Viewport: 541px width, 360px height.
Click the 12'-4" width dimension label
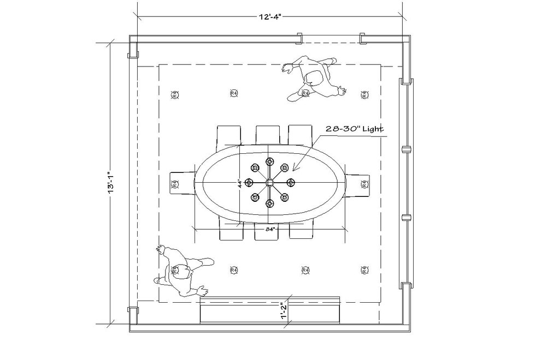pyautogui.click(x=270, y=16)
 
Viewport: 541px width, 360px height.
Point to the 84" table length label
pyautogui.click(x=269, y=230)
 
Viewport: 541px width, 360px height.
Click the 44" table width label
pyautogui.click(x=239, y=184)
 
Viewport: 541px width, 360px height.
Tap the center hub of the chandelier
pyautogui.click(x=269, y=182)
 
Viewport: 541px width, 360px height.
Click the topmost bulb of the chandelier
pyautogui.click(x=269, y=161)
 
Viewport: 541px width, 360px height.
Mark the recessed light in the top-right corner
pyautogui.click(x=364, y=94)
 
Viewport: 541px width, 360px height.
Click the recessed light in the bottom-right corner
pyautogui.click(x=364, y=270)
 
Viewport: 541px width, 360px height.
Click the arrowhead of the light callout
pyautogui.click(x=294, y=169)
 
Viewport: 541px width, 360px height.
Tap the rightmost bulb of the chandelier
pyautogui.click(x=291, y=182)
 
